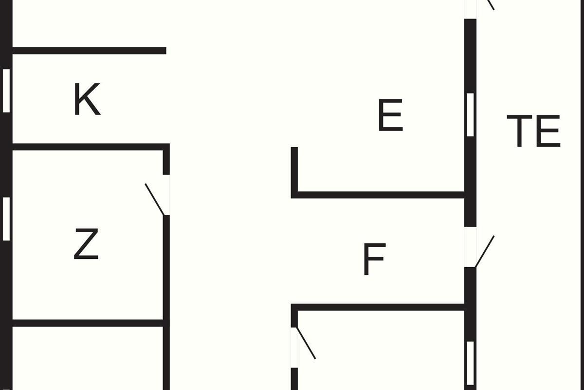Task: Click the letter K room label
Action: coord(87,99)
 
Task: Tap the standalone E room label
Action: coord(390,116)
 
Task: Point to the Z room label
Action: coord(86,244)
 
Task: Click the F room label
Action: coord(374,260)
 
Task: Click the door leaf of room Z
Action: coord(155,199)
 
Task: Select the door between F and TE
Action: coord(484,252)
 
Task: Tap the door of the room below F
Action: coord(306,343)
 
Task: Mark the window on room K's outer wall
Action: coord(6,90)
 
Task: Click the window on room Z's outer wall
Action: coord(6,219)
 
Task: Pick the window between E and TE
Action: coord(470,115)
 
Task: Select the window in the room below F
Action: coord(470,363)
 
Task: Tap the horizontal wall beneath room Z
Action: coord(88,323)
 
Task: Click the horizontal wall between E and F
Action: coord(380,195)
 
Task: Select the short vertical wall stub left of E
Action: coord(294,171)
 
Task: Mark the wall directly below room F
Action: coord(380,307)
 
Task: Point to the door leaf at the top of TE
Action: coord(491,5)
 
